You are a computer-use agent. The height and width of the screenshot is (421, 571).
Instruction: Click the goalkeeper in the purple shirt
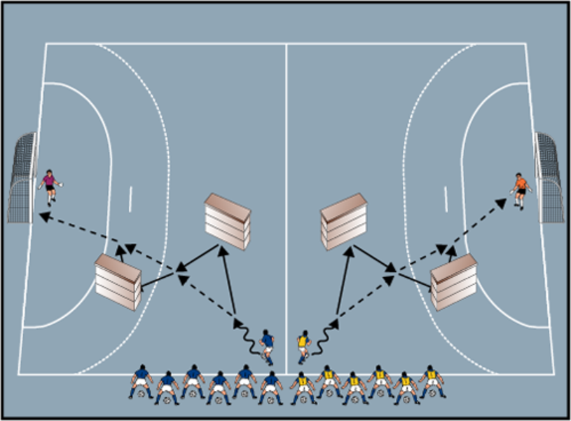pos(49,187)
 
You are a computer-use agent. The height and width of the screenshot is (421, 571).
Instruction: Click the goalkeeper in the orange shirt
pos(519,190)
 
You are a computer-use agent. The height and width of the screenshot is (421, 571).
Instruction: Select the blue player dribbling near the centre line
pos(267,347)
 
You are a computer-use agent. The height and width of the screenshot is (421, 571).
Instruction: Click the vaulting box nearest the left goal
pos(118,281)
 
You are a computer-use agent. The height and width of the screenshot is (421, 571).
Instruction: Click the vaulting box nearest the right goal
pos(454,281)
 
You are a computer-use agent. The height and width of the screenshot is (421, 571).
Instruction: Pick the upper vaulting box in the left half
pos(227,221)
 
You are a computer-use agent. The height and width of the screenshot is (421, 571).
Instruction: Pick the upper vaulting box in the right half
pos(344,221)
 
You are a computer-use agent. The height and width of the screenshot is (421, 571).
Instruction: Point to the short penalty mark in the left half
pos(130,199)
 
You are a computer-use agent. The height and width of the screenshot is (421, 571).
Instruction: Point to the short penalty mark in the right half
pos(446,199)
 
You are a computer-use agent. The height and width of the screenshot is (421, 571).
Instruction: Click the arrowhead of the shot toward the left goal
pos(43,218)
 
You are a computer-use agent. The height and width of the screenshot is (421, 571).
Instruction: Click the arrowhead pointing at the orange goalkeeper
pos(500,202)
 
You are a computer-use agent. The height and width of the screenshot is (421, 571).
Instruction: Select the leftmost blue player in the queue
pos(141,382)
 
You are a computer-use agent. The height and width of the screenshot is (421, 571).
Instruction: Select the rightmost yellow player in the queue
pos(432,382)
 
